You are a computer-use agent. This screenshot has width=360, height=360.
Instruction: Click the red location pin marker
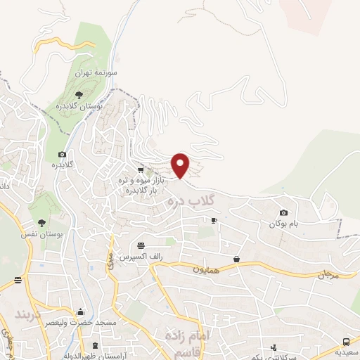pos(181,165)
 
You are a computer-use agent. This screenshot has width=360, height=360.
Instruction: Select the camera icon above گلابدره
pos(62,154)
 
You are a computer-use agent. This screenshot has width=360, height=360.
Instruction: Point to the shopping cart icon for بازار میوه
pos(141,169)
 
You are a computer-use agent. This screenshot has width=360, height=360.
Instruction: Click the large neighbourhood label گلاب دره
pos(191,202)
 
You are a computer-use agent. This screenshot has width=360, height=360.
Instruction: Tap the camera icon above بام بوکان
pos(283,212)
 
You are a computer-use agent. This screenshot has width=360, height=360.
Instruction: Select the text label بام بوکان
pos(283,224)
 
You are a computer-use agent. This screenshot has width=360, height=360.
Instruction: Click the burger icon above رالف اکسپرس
pos(141,245)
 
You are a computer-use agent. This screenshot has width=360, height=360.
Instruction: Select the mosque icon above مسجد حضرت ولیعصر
pos(82,312)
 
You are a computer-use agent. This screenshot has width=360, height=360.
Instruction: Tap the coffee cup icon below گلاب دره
pos(214,221)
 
